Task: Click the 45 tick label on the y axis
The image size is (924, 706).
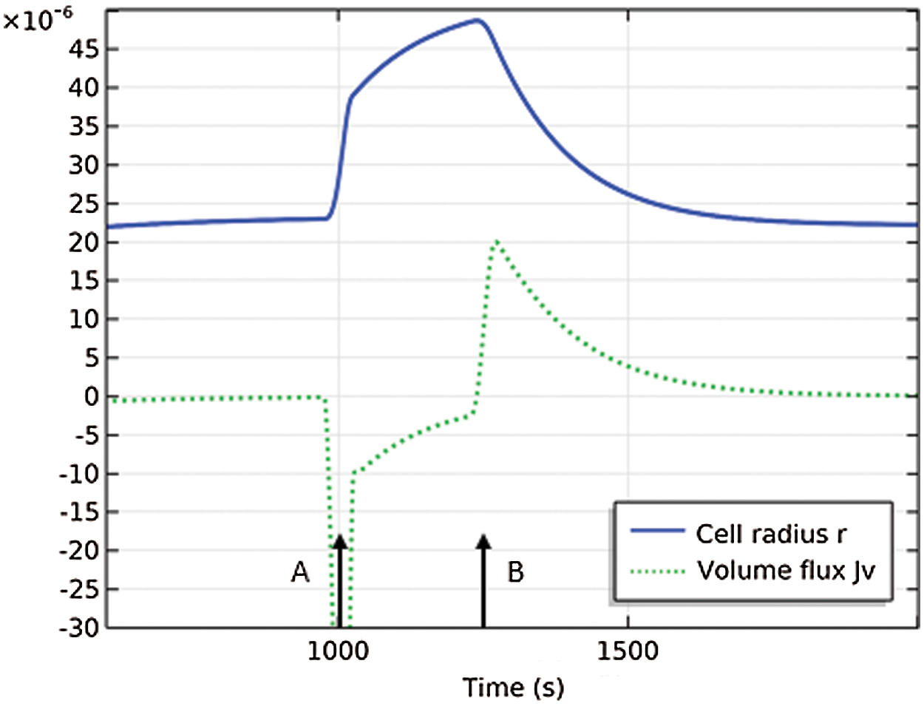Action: click(84, 50)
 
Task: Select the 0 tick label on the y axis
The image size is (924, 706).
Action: click(92, 396)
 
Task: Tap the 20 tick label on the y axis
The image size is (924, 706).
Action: click(84, 242)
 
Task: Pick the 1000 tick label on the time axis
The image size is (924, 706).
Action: click(337, 651)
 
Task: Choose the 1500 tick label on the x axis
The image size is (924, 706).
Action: click(627, 651)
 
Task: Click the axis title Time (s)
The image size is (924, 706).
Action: click(513, 688)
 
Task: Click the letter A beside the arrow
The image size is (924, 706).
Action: click(300, 571)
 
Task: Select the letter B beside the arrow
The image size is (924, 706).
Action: click(515, 571)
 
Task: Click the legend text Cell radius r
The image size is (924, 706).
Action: click(771, 534)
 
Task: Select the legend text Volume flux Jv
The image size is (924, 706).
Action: click(786, 571)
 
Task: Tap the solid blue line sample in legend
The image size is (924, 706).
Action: click(657, 532)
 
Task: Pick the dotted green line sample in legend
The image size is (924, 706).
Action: click(657, 571)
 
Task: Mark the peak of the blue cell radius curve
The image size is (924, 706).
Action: click(479, 20)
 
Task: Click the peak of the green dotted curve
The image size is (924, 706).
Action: click(497, 241)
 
